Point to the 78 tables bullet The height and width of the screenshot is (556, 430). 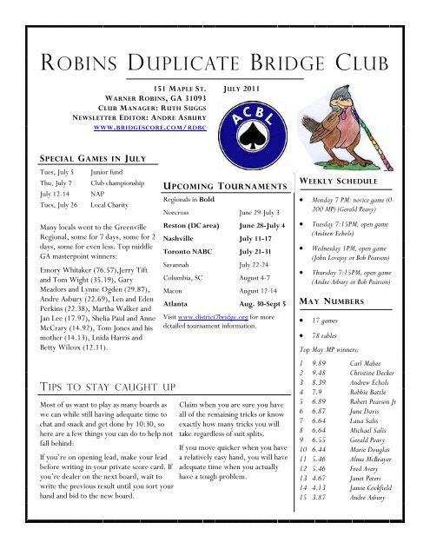coord(347,335)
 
